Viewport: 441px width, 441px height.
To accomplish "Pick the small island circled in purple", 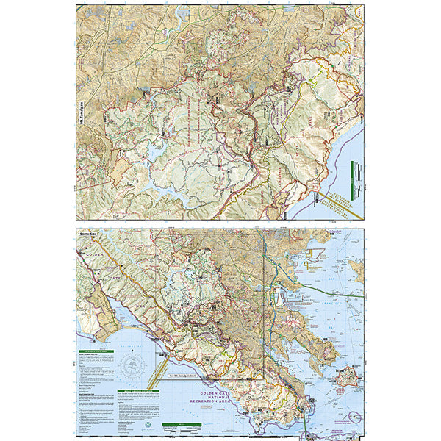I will (355, 417).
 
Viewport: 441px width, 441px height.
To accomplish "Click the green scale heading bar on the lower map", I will (173, 425).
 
